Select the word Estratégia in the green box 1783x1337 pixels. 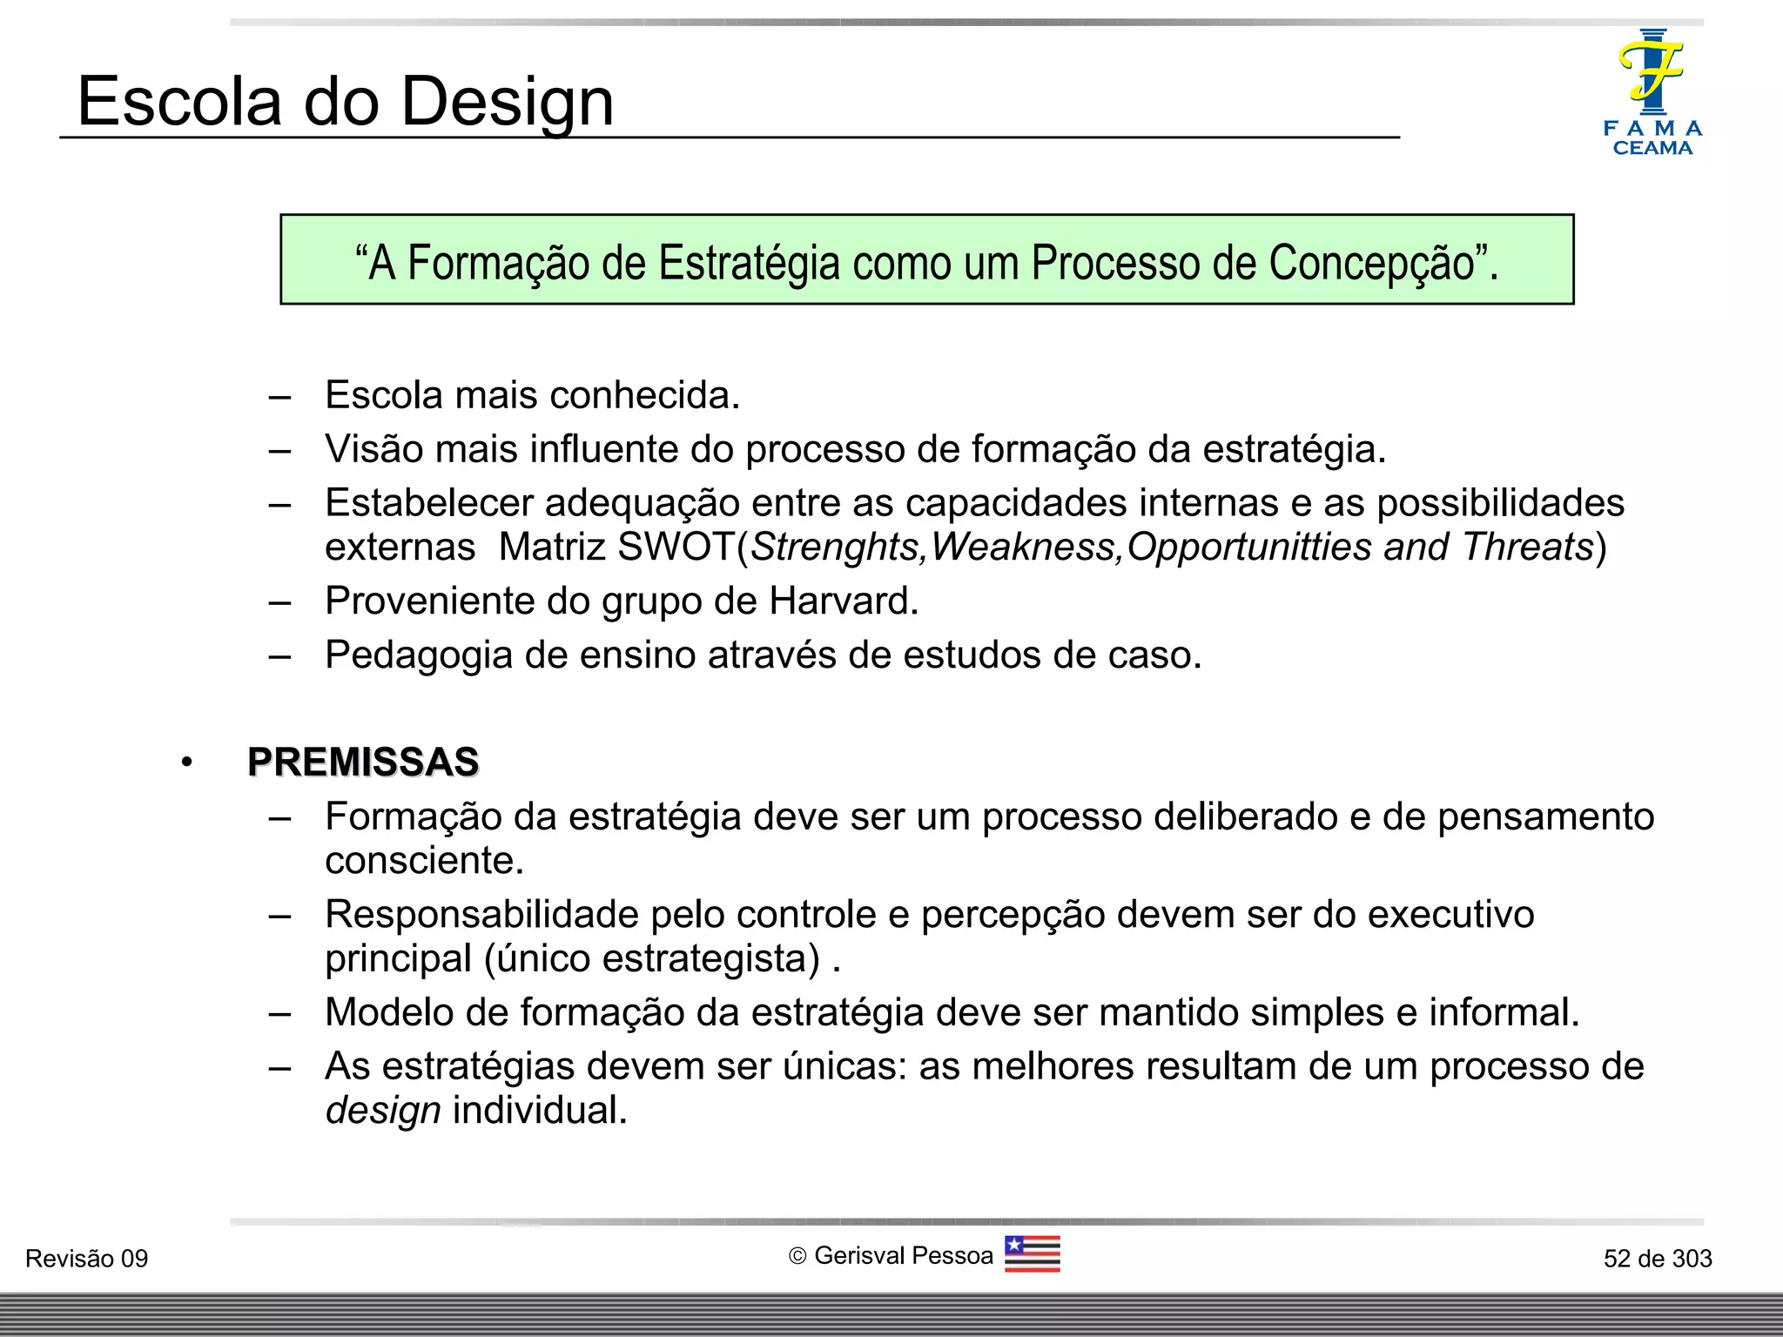tap(749, 263)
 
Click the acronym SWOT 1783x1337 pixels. tap(676, 547)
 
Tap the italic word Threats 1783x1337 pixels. tap(1527, 547)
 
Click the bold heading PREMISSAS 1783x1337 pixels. tap(363, 762)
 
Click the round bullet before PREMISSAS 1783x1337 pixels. tap(186, 763)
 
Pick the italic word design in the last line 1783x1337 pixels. tap(383, 1111)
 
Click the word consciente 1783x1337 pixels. tap(424, 861)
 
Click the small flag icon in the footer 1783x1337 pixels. tap(1032, 1254)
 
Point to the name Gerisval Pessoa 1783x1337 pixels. tap(903, 1256)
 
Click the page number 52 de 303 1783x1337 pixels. tap(1657, 1259)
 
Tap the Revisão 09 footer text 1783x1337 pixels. tap(87, 1259)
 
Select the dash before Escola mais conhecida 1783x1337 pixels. tap(279, 397)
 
